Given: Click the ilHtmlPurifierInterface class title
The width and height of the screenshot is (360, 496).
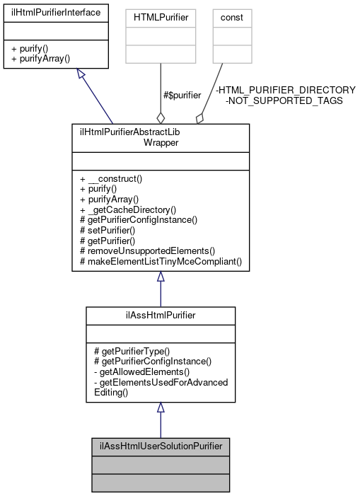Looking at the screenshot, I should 55,13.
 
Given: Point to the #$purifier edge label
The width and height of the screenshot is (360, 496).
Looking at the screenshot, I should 182,95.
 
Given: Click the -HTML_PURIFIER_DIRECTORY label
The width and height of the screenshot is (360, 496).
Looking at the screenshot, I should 285,90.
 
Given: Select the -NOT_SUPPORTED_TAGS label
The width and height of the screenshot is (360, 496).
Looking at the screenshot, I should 284,100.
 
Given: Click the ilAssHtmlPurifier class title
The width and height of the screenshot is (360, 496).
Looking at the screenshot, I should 161,313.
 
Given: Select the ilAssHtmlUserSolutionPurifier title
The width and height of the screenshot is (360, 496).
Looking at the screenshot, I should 161,446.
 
